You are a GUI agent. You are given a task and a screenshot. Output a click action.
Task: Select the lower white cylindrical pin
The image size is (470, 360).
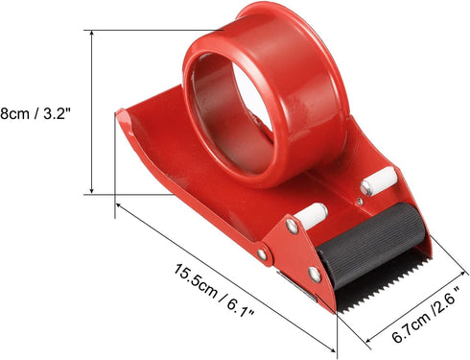click(311, 213)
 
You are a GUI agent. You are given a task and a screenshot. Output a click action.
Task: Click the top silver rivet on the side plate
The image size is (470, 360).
click(292, 227)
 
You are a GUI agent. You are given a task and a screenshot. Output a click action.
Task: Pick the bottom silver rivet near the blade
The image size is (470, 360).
click(315, 275)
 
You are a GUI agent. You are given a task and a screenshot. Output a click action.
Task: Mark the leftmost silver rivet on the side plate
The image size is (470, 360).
click(262, 254)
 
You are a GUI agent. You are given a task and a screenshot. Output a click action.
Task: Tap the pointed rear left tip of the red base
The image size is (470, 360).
click(121, 114)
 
